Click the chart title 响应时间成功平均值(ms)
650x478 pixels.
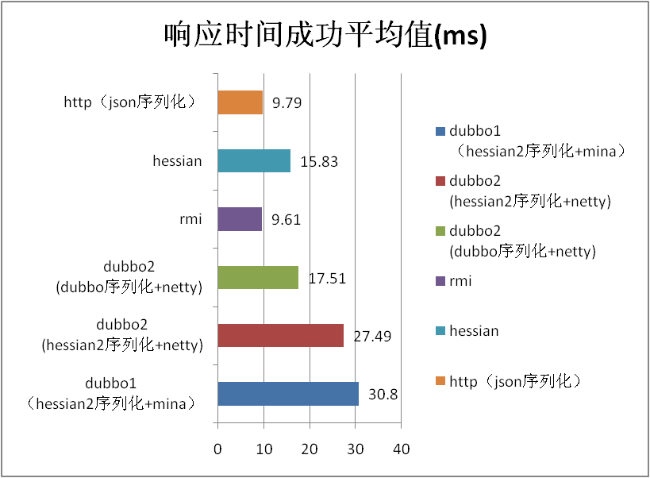325,37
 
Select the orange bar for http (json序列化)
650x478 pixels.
240,102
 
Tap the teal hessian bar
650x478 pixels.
254,161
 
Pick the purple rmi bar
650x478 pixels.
240,219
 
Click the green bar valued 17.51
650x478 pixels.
258,278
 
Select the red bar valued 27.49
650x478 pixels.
280,336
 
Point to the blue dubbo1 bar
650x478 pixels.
288,394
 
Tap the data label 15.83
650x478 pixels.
319,161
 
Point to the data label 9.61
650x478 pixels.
287,220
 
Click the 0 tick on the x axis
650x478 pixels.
217,449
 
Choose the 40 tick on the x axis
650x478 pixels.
402,449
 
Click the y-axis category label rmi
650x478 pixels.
191,219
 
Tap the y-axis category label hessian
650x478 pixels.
177,161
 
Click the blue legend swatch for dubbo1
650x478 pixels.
440,131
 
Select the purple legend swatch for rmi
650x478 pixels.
440,280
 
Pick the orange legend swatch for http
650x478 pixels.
440,381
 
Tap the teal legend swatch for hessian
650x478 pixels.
440,330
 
